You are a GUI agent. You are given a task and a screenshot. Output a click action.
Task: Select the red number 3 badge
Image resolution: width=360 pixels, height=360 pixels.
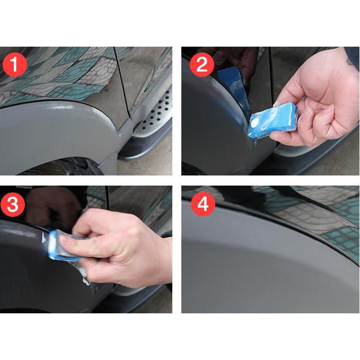(x=15, y=205)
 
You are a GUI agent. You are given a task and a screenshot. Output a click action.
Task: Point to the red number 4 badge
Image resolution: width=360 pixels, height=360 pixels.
(x=201, y=205)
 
